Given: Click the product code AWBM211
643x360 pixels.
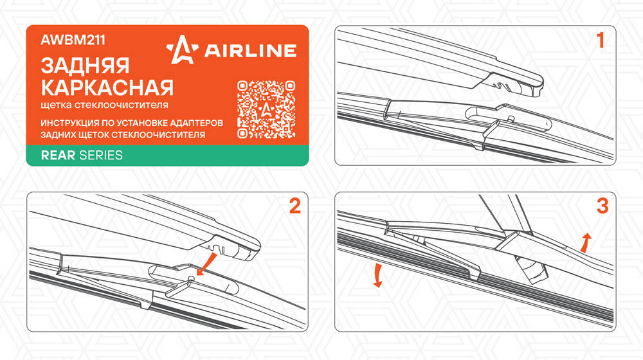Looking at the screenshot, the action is tap(73, 40).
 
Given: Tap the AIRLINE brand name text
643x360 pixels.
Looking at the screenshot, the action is tap(250, 50).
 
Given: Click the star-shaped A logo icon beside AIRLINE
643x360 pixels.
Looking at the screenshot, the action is tap(182, 50).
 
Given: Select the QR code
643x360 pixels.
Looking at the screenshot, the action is tap(266, 109).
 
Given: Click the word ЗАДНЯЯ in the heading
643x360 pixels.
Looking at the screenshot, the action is tap(86, 66).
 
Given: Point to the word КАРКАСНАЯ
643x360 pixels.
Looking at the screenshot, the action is tap(107, 87).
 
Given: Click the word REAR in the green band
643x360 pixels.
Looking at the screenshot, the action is tap(58, 156).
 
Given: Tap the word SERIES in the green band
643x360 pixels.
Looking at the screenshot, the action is tap(101, 156).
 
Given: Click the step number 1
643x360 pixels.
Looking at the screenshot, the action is tap(601, 40).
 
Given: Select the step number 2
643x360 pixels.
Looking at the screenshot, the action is tap(295, 206).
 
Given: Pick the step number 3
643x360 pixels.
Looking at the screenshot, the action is tap(602, 206).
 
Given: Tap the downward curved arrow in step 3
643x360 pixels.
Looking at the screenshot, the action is tap(377, 276).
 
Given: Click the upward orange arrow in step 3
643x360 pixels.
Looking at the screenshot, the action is tap(586, 243).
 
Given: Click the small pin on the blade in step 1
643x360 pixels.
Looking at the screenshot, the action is tap(511, 118).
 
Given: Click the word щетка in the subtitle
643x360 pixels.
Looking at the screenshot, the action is tap(56, 105).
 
